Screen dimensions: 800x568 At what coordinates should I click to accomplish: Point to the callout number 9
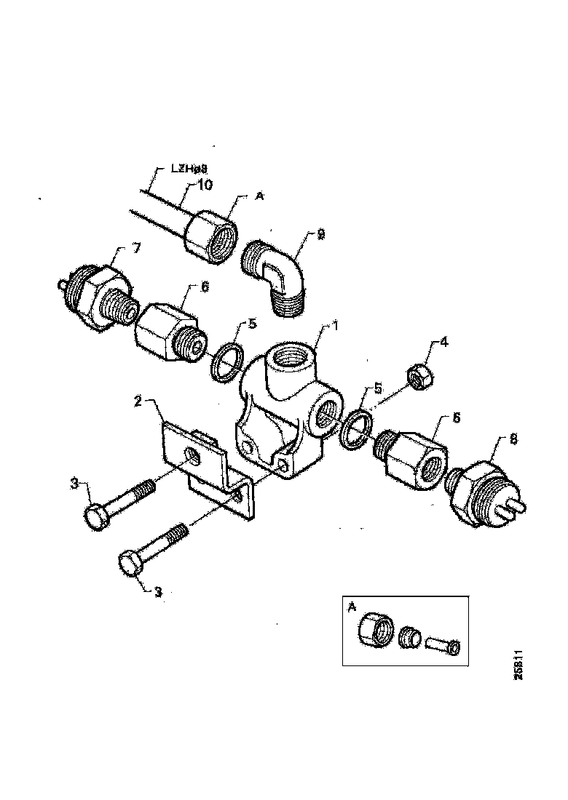click(321, 235)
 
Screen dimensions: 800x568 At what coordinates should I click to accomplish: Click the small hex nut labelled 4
click(418, 376)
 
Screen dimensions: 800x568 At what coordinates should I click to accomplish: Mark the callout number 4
click(443, 341)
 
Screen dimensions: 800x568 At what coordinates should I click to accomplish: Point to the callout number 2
click(136, 401)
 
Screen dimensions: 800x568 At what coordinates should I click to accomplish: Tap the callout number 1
click(336, 327)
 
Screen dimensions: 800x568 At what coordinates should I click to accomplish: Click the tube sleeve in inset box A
click(442, 644)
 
